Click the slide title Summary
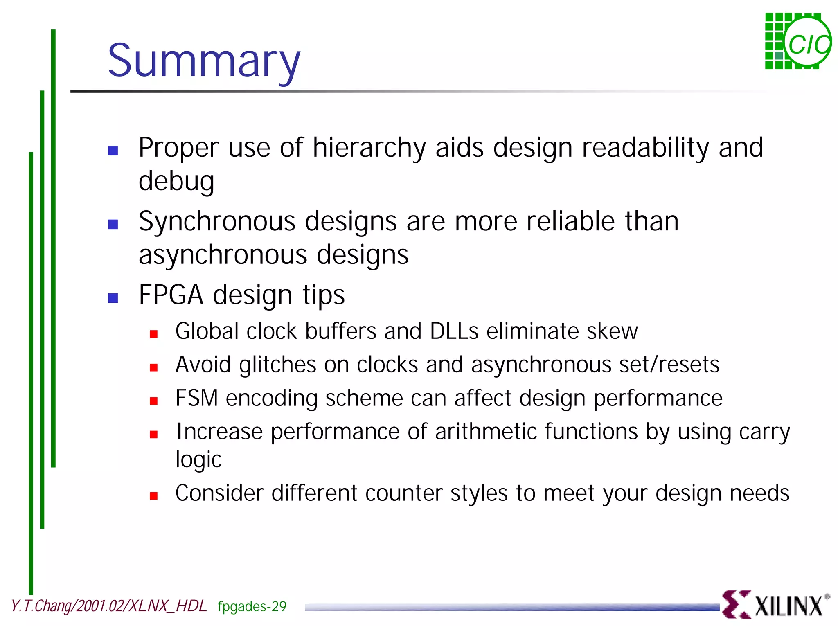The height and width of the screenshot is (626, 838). [x=204, y=61]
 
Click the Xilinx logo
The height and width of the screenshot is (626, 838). [x=775, y=604]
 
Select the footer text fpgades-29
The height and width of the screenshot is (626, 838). [x=252, y=606]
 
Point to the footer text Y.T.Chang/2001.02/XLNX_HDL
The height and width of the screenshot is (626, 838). [x=109, y=606]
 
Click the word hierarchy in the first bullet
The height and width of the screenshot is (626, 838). [x=369, y=148]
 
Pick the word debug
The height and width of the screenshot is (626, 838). [x=176, y=181]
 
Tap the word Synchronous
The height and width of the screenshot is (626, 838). [x=217, y=222]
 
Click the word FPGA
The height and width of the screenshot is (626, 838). [x=171, y=295]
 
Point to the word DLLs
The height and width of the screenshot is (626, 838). [x=454, y=331]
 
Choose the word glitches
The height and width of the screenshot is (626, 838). [x=277, y=365]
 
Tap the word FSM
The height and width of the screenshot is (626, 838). [x=196, y=398]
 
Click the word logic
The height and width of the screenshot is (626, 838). [x=198, y=460]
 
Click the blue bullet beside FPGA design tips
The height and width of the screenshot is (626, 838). [x=113, y=298]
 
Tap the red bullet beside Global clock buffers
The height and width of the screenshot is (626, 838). [x=154, y=334]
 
